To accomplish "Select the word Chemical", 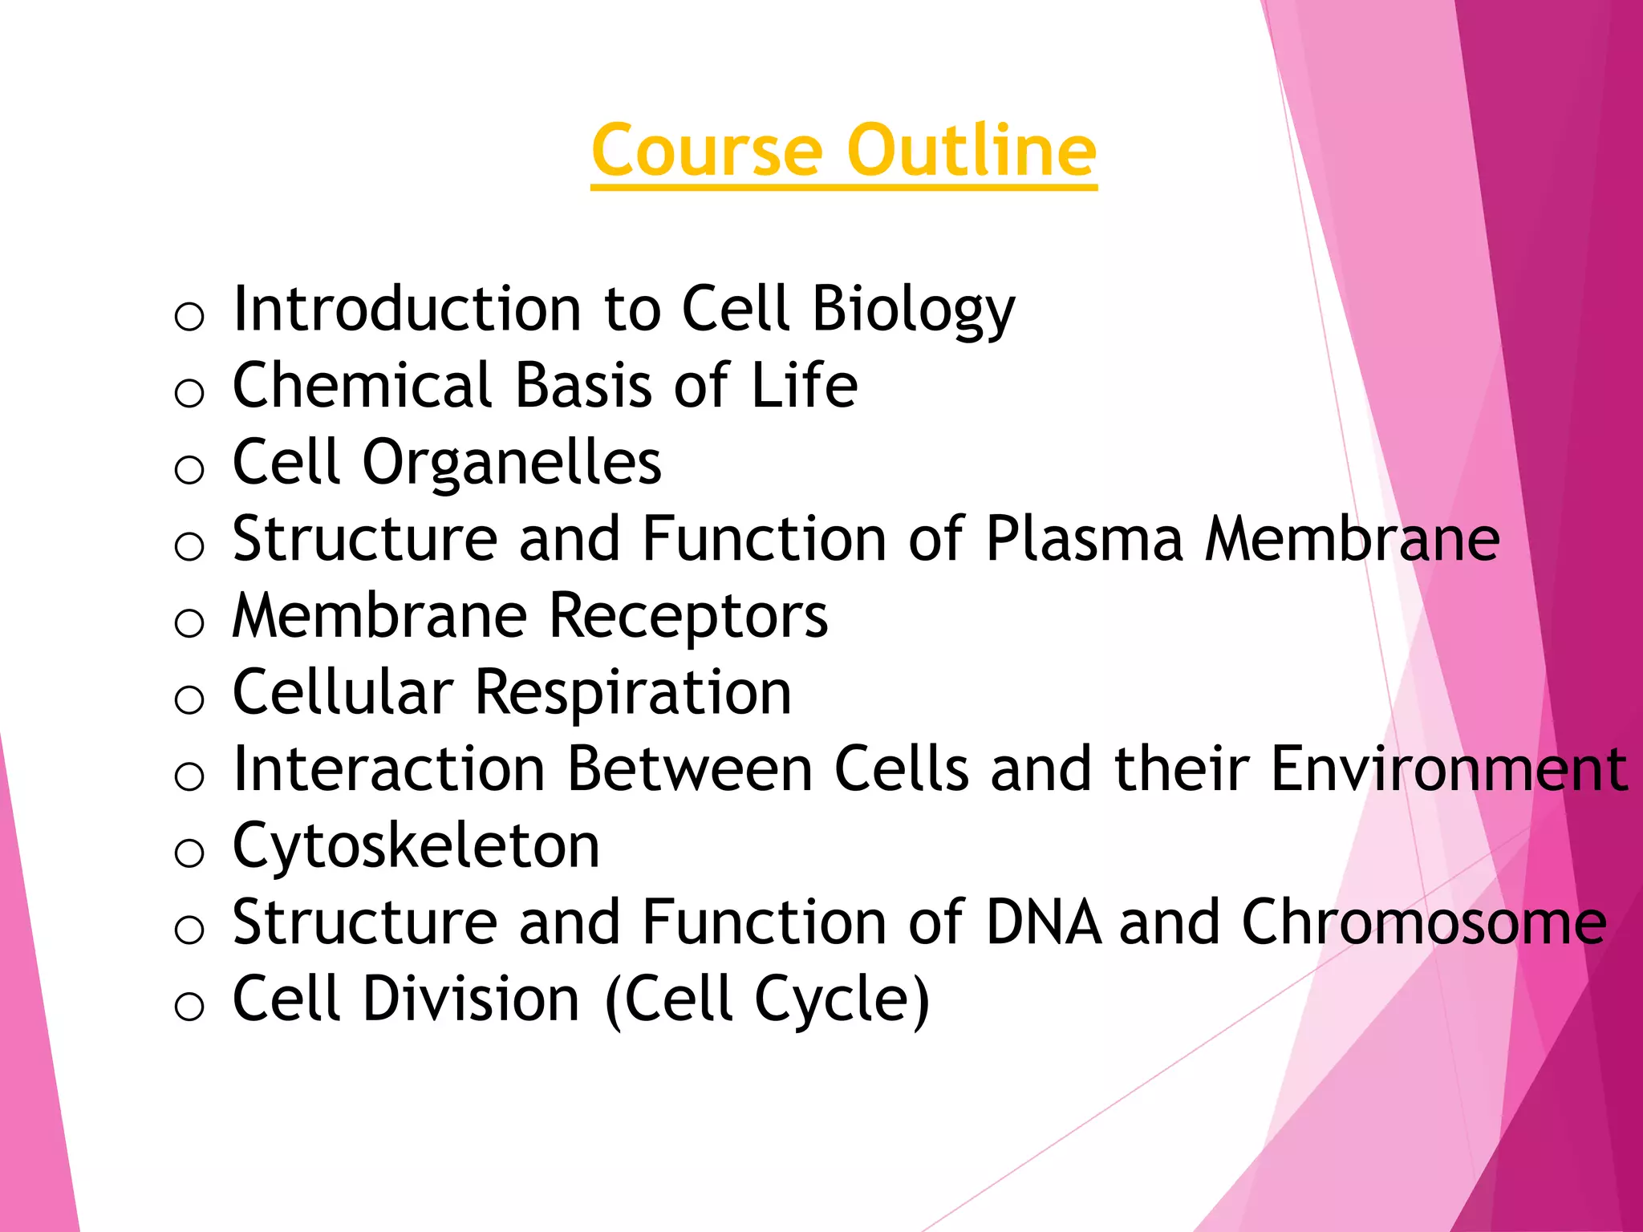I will [361, 385].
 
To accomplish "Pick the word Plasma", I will [1084, 539].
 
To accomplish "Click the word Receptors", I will [689, 616].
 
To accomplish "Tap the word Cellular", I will [343, 692].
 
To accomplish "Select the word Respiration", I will [633, 694].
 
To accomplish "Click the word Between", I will [690, 768].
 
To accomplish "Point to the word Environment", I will [1449, 768].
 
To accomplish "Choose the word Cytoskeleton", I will [416, 847].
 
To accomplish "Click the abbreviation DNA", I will [1043, 922].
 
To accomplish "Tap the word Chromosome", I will [1424, 922].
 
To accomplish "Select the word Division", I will [471, 999].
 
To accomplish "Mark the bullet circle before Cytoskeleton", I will [189, 852].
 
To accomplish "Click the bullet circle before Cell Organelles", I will [189, 468].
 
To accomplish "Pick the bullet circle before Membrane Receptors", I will [189, 622].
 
